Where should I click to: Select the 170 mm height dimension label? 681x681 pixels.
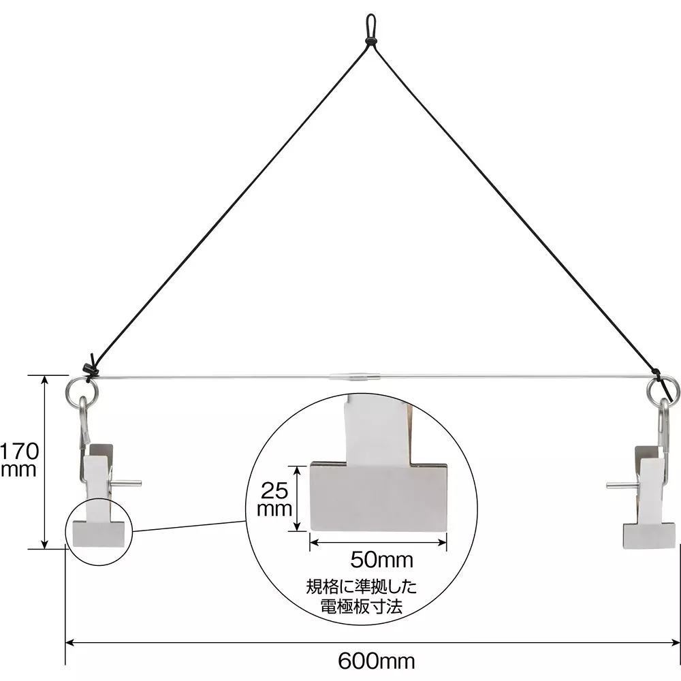(x=18, y=460)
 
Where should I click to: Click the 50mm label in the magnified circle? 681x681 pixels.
(x=381, y=560)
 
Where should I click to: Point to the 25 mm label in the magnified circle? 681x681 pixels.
(x=276, y=498)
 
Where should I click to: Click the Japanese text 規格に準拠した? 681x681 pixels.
(x=361, y=586)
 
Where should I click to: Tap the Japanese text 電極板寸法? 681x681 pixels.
(x=361, y=606)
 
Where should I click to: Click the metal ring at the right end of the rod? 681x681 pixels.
(x=663, y=391)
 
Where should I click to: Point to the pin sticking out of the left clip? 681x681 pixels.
(x=127, y=484)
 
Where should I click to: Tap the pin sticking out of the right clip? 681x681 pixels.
(x=620, y=486)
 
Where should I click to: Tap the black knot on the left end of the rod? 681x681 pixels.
(x=89, y=369)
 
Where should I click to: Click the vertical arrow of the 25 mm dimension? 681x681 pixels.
(x=297, y=498)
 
